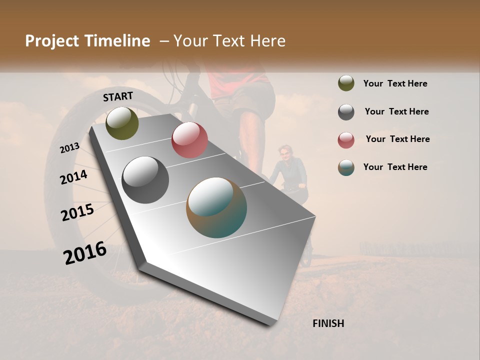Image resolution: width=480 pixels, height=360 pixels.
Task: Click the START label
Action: coord(118,96)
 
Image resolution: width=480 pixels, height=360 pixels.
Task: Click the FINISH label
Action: coord(328,323)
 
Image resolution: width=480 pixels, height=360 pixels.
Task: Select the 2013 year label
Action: coord(69,147)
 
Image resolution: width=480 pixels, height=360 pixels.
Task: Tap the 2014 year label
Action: coord(73,177)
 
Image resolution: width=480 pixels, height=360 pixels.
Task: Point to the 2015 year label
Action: coord(77,212)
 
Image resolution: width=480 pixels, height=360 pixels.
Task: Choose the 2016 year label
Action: coord(85,252)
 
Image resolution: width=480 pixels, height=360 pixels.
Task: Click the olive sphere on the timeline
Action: coord(122,123)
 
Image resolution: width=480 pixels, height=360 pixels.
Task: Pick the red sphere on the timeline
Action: coord(189,140)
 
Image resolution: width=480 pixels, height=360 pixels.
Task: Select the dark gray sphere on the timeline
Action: coord(145,180)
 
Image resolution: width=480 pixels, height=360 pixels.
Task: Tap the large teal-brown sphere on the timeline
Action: coord(216,207)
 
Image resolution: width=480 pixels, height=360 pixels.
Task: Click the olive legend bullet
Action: coord(346,83)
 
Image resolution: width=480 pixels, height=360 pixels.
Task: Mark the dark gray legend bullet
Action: coord(346,112)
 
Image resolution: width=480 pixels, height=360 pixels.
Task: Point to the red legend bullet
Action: coord(346,140)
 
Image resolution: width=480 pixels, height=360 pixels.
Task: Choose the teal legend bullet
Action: coord(346,167)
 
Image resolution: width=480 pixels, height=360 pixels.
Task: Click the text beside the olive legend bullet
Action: coord(395,83)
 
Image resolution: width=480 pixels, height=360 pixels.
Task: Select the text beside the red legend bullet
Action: coord(397,139)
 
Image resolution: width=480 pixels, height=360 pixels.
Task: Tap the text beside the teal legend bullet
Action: coord(395,167)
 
